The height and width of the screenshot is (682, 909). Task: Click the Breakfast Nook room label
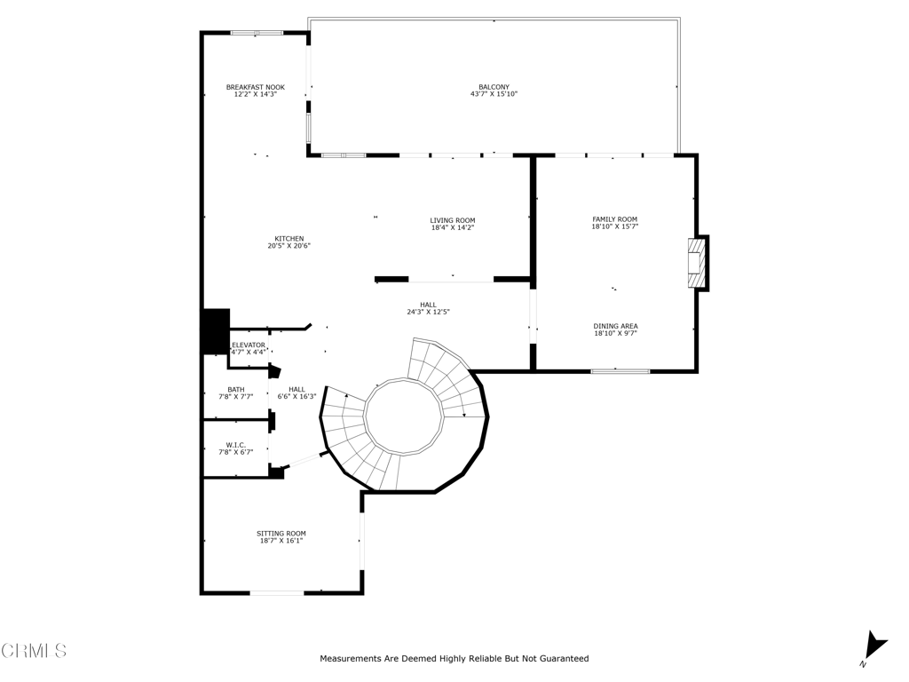pyautogui.click(x=255, y=87)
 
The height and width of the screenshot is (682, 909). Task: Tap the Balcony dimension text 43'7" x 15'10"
pyautogui.click(x=494, y=94)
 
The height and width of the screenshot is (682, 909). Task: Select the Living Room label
pyautogui.click(x=453, y=220)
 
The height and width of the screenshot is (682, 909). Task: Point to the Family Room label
pyautogui.click(x=614, y=219)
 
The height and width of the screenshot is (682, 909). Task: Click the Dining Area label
pyautogui.click(x=615, y=326)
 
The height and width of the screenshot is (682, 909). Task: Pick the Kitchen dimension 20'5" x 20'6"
pyautogui.click(x=289, y=246)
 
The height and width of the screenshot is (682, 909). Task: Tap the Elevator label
pyautogui.click(x=249, y=345)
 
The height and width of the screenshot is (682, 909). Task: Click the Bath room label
pyautogui.click(x=235, y=389)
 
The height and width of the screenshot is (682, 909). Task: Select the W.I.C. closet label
pyautogui.click(x=235, y=445)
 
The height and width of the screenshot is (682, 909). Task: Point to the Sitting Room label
pyautogui.click(x=281, y=534)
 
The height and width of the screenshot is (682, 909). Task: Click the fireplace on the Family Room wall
pyautogui.click(x=697, y=263)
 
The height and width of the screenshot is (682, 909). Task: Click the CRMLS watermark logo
pyautogui.click(x=34, y=651)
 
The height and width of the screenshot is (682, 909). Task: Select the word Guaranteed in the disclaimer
pyautogui.click(x=559, y=659)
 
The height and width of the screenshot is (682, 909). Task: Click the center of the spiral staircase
pyautogui.click(x=404, y=416)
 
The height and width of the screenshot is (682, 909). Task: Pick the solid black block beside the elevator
pyautogui.click(x=216, y=331)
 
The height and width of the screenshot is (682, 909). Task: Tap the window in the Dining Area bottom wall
pyautogui.click(x=620, y=370)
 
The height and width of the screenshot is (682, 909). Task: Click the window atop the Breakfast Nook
pyautogui.click(x=257, y=33)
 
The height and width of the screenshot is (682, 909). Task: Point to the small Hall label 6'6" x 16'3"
pyautogui.click(x=296, y=397)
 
